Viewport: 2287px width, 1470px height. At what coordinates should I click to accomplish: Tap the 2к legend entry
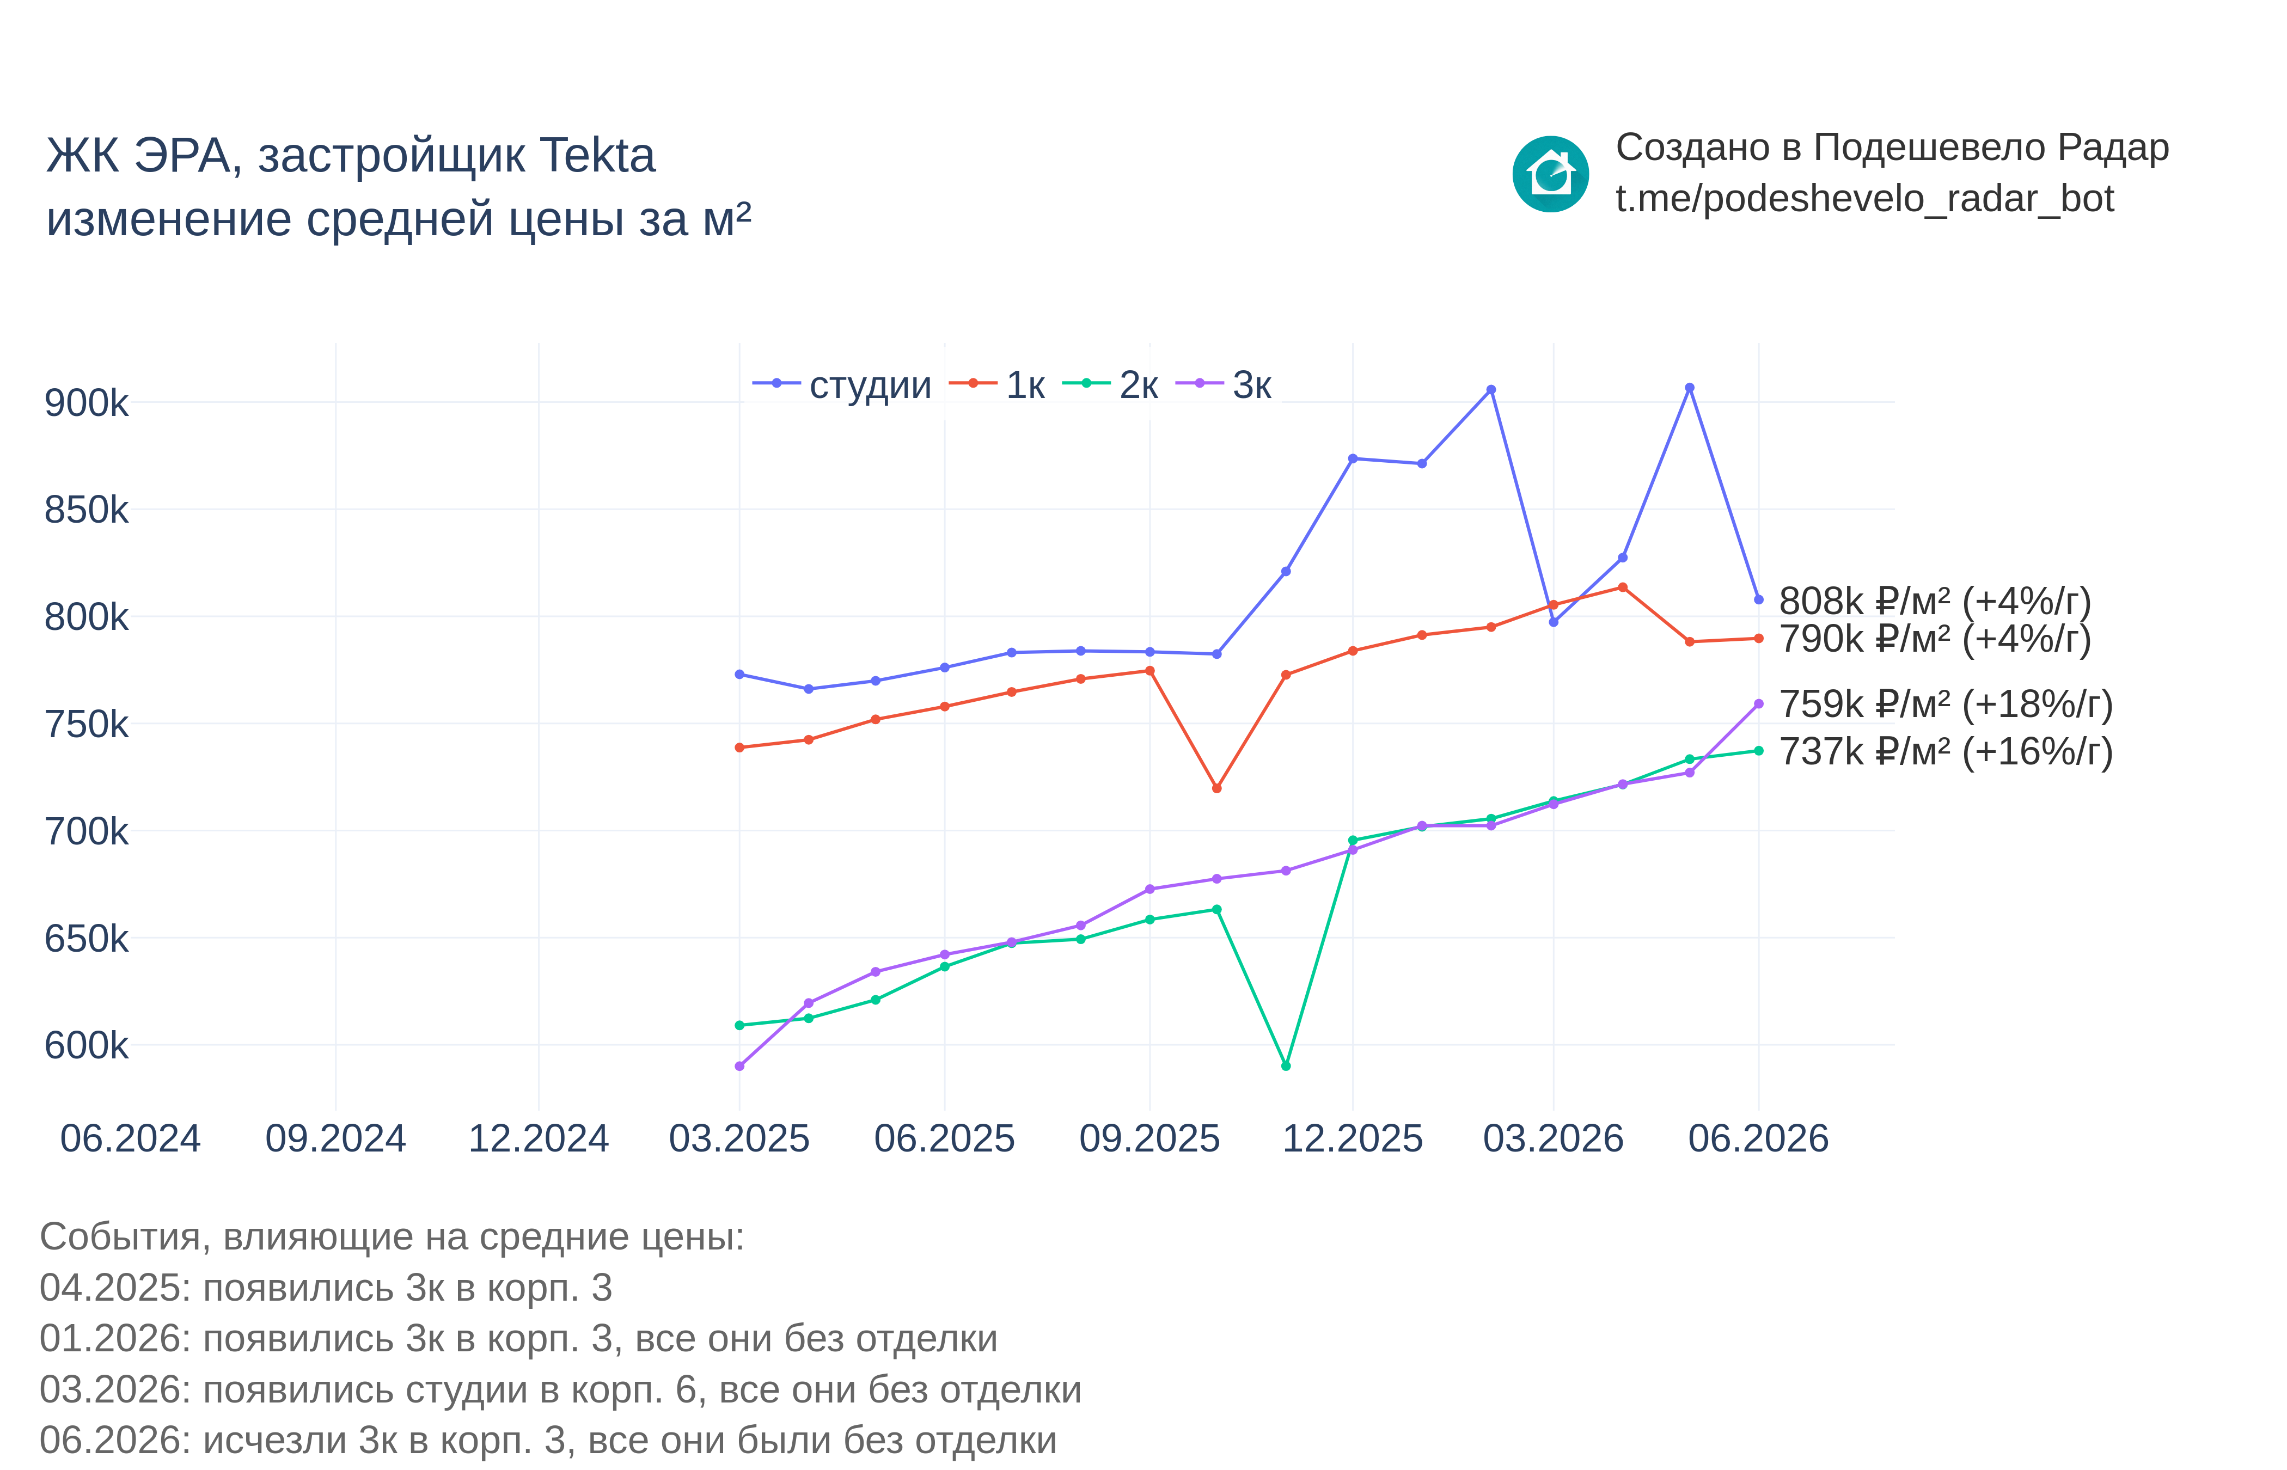(1110, 385)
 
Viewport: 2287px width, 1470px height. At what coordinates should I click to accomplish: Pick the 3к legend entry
(1222, 385)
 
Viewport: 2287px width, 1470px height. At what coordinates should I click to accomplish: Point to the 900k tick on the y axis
(86, 403)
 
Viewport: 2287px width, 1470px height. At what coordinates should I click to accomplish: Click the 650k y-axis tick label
(86, 938)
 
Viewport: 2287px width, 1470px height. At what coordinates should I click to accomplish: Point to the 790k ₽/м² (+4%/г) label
(1935, 639)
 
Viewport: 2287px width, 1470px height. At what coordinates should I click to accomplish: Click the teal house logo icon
(1550, 174)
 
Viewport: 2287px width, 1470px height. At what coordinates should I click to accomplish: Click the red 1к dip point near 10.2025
(1216, 788)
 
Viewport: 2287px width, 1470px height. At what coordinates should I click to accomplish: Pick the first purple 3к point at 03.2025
(740, 1066)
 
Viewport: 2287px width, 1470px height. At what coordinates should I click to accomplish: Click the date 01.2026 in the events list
(114, 1339)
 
